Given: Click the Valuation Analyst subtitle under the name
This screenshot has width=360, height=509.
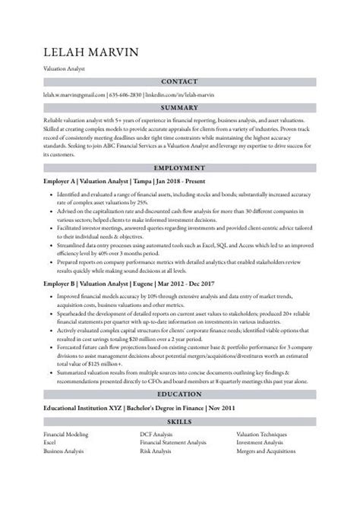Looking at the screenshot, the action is pos(64,68).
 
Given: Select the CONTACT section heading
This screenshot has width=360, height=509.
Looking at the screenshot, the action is pos(180,81).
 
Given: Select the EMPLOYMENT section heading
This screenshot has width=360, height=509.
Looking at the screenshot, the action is pos(180,167).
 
